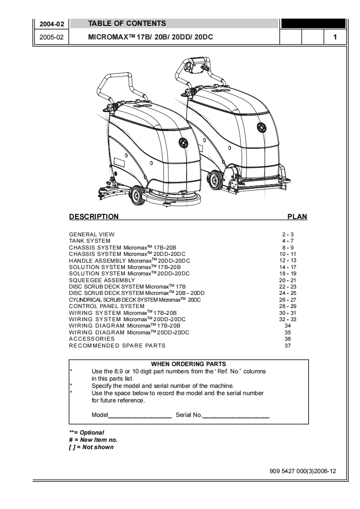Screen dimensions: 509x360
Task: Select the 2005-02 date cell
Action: click(51, 37)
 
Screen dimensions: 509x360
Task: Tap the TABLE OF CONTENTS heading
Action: click(127, 24)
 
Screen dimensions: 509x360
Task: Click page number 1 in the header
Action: click(335, 37)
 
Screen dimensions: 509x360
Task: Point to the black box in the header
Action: click(313, 24)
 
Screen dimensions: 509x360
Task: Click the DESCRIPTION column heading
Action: click(94, 217)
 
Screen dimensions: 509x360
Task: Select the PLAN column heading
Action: click(297, 217)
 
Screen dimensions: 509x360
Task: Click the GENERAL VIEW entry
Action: click(92, 235)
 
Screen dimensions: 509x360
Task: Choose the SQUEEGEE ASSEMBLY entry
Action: click(102, 280)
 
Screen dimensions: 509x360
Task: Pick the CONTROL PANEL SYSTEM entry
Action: click(107, 306)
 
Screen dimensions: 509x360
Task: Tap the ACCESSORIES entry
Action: click(92, 339)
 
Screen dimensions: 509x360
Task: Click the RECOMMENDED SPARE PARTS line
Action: click(117, 346)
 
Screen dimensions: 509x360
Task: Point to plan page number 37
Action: click(288, 346)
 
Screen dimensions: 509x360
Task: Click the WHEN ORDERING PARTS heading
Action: click(188, 364)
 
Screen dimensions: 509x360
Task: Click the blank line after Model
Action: click(140, 416)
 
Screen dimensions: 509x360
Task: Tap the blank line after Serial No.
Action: click(236, 416)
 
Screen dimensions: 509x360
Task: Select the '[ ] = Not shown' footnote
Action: click(91, 447)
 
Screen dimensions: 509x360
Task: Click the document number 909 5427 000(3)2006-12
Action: click(303, 471)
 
